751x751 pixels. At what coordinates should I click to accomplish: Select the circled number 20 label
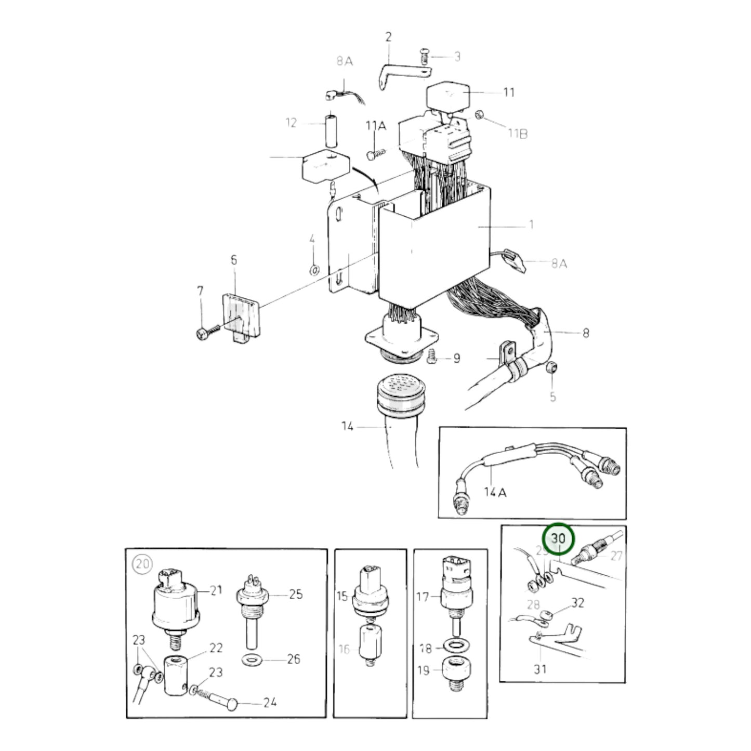(141, 563)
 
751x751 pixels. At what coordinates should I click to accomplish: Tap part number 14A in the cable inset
(495, 492)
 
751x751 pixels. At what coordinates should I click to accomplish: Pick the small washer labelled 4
(314, 270)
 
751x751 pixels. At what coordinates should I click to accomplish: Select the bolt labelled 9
(430, 357)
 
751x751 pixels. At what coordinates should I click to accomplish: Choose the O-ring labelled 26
(253, 660)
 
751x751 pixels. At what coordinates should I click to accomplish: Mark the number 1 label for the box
(531, 225)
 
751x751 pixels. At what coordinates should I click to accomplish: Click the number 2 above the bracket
(388, 37)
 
